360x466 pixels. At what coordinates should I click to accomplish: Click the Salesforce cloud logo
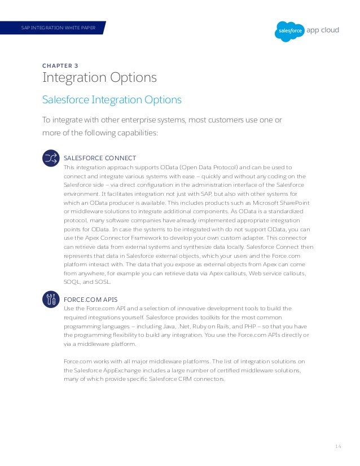pyautogui.click(x=289, y=30)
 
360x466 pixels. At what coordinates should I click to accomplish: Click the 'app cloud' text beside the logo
pyautogui.click(x=323, y=30)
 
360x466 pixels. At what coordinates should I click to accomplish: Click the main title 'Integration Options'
pyautogui.click(x=99, y=78)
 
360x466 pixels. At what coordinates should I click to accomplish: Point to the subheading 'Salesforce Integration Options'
pyautogui.click(x=112, y=100)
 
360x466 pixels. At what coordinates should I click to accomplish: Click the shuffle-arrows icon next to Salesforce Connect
pyautogui.click(x=51, y=159)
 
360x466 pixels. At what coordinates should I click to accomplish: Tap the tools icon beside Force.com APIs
pyautogui.click(x=51, y=299)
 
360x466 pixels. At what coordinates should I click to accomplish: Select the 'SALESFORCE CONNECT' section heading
pyautogui.click(x=99, y=157)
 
